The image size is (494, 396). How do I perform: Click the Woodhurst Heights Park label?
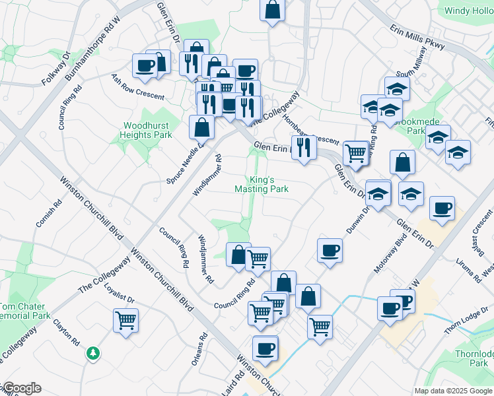[145, 130]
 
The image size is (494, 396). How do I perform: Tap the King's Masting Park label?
[262, 184]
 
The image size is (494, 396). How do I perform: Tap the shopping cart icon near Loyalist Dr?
[125, 321]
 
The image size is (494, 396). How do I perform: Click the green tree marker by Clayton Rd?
[94, 353]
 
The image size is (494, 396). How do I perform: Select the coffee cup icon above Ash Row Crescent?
[145, 65]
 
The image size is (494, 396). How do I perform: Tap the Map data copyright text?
[453, 391]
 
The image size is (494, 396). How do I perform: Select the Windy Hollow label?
[469, 11]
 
